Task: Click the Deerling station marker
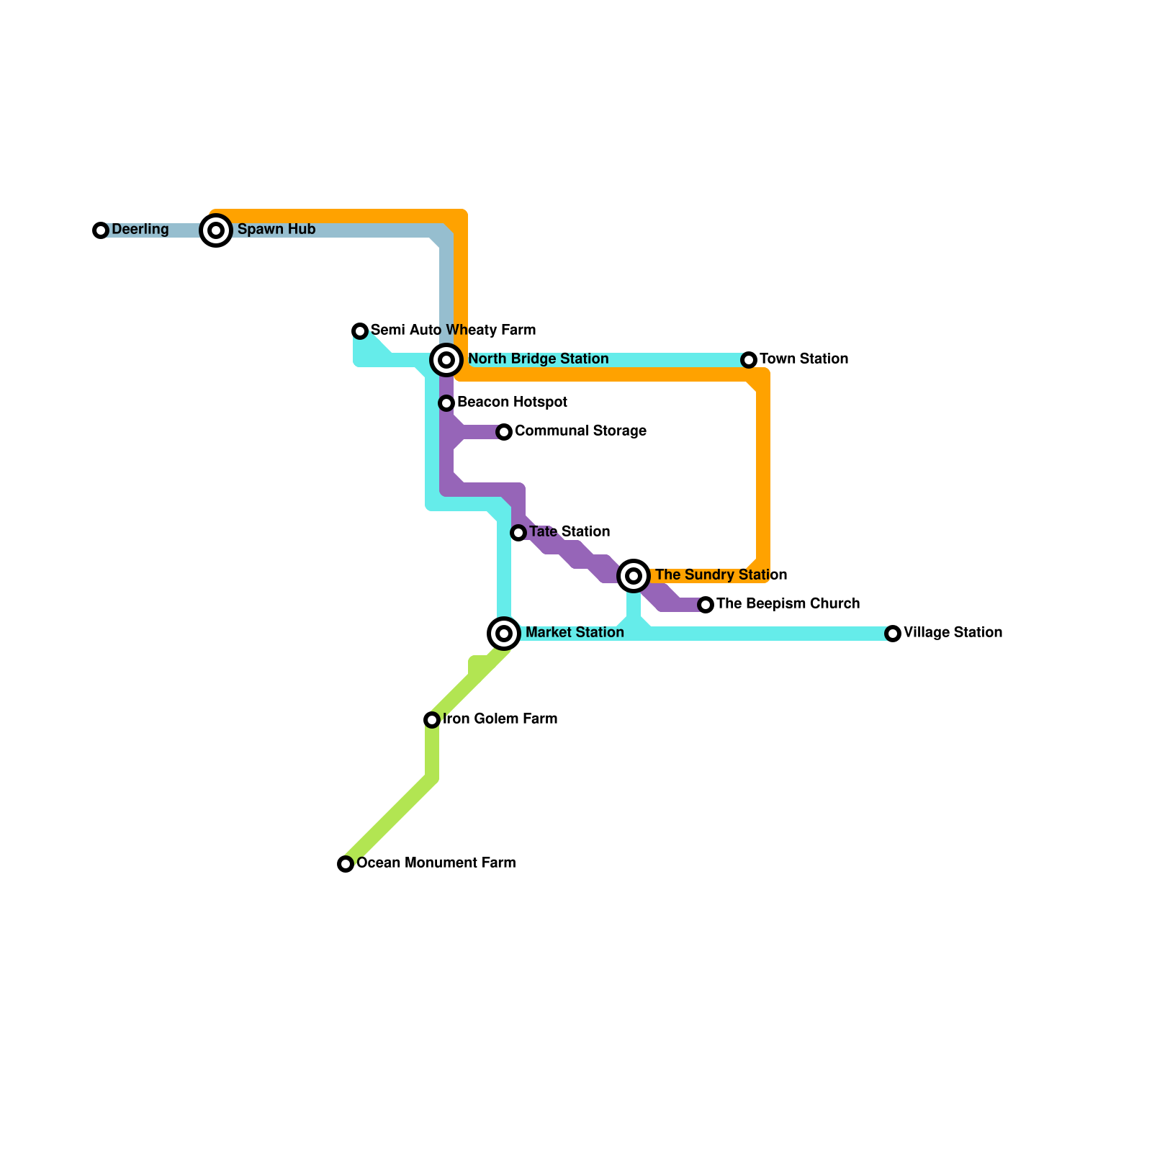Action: [x=101, y=230]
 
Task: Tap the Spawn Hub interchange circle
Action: [x=216, y=230]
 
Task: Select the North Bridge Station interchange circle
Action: [x=446, y=359]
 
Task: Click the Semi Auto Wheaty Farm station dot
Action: [x=360, y=331]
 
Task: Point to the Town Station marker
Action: [x=749, y=359]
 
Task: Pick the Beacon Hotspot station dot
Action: [x=446, y=403]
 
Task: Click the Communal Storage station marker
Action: [x=504, y=432]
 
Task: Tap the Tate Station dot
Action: [x=518, y=533]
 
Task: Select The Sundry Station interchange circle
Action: [x=634, y=575]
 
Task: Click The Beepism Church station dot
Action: [x=706, y=605]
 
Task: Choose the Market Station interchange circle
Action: [x=504, y=634]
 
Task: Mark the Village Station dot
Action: [x=893, y=634]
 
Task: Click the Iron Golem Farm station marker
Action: [x=432, y=720]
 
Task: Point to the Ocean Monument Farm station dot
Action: [x=346, y=864]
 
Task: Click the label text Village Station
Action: [x=953, y=633]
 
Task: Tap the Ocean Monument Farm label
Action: [x=436, y=863]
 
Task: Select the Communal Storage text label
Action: [x=580, y=431]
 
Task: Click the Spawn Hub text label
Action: [x=276, y=230]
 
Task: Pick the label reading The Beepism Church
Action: [x=788, y=604]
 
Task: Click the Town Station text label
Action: [x=804, y=359]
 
